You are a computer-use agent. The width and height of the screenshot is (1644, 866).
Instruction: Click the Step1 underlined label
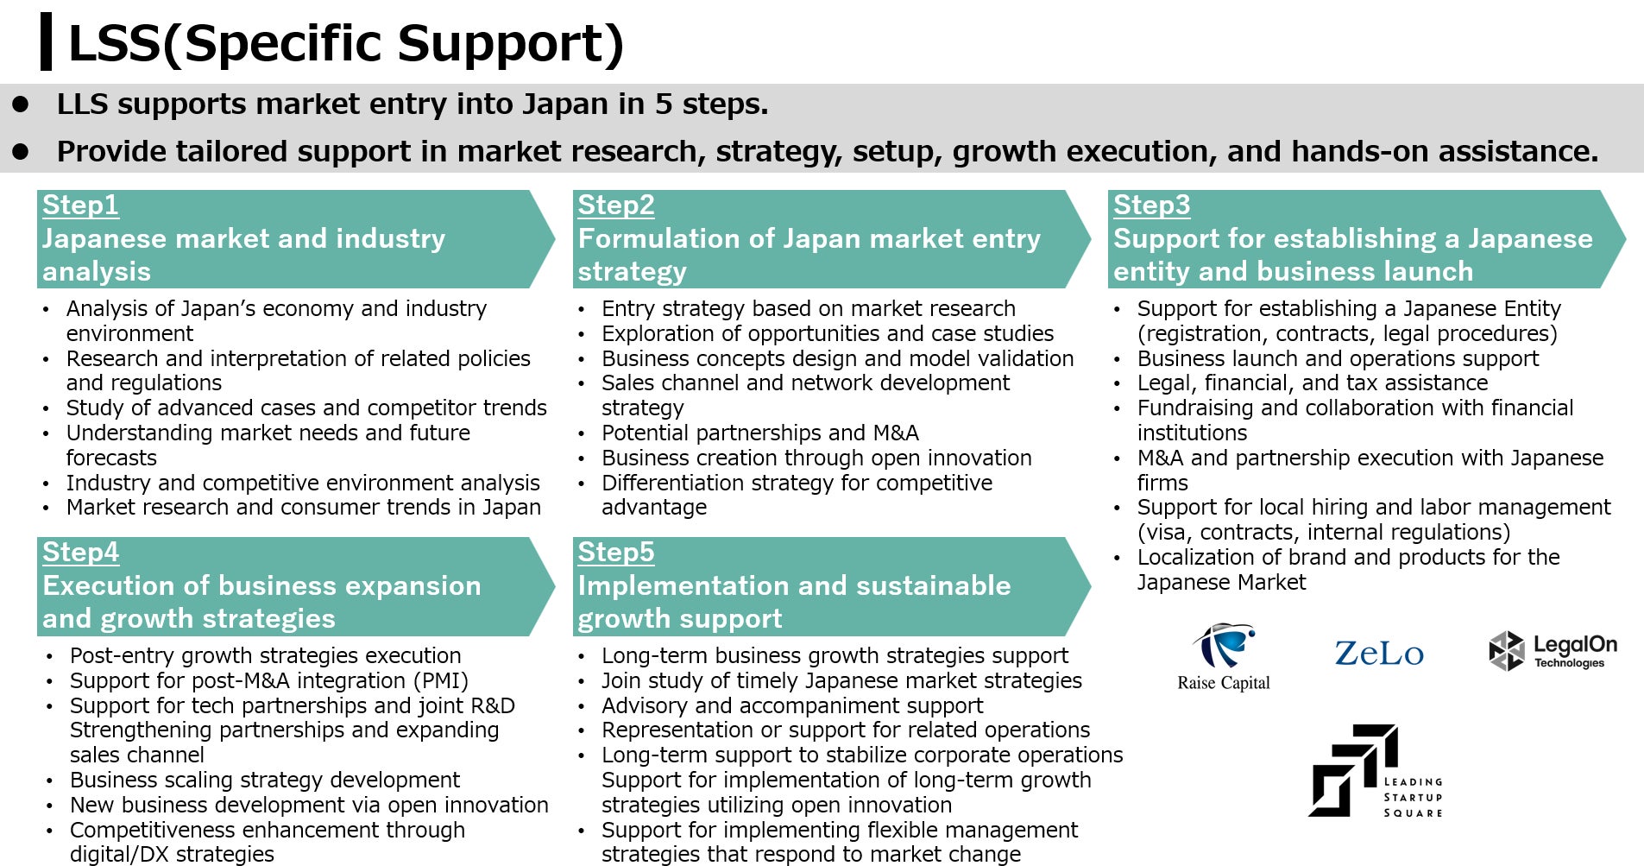80,205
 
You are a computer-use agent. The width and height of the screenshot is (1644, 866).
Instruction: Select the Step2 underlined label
616,205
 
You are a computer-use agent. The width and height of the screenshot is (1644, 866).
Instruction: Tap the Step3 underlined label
1151,205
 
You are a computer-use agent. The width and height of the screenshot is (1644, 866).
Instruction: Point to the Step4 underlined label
80,553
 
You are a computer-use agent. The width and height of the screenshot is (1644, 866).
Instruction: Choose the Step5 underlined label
616,553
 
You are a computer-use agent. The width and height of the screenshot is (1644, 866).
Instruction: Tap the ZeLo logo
1379,654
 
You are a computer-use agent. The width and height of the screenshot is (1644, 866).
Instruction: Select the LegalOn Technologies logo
1553,652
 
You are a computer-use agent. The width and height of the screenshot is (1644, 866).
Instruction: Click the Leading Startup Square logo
1376,771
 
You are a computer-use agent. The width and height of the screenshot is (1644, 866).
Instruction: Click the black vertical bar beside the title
46,41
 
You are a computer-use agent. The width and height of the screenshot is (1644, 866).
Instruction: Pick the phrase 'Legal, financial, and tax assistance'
1313,383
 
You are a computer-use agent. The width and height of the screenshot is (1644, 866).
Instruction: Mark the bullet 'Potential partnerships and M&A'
760,433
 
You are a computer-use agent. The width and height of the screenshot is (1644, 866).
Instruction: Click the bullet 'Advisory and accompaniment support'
792,705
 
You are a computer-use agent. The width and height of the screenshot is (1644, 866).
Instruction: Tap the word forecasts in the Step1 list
111,458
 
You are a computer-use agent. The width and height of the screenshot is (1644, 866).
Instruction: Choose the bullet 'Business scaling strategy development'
265,780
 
